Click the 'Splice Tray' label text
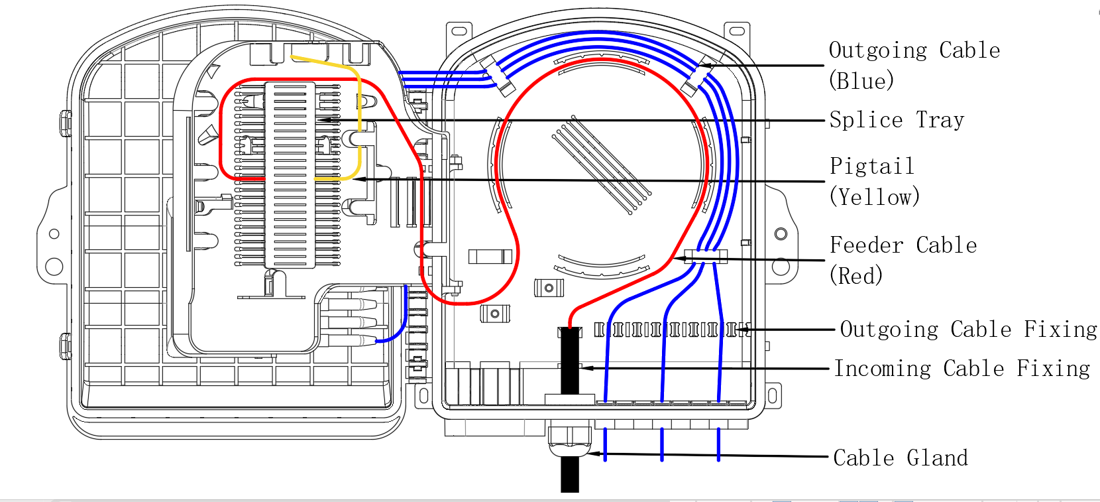[897, 120]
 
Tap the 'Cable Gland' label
[900, 458]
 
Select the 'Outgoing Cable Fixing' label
[968, 330]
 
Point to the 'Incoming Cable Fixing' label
[962, 369]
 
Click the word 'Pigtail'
[871, 166]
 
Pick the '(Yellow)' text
[874, 197]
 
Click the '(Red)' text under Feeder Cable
[855, 276]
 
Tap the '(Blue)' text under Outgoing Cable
[861, 81]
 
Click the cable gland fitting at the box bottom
[570, 440]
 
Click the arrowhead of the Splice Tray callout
[320, 120]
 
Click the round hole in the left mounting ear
[54, 233]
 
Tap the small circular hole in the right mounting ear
[781, 233]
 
